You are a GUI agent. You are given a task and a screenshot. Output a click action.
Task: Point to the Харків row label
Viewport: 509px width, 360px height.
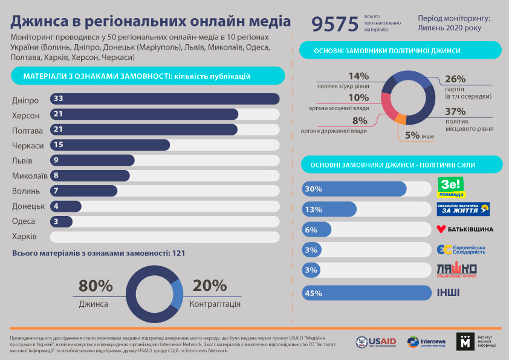25,237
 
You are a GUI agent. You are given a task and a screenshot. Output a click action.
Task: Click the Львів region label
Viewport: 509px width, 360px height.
22,160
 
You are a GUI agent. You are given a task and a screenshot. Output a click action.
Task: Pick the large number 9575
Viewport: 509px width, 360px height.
335,24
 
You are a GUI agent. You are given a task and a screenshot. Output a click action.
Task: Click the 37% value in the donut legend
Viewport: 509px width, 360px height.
455,112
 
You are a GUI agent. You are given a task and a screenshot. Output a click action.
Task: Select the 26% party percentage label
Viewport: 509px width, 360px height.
455,79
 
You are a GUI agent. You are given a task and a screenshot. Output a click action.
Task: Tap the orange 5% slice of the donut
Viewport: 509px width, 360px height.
399,118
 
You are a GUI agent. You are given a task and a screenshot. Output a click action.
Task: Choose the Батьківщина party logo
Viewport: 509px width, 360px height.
465,229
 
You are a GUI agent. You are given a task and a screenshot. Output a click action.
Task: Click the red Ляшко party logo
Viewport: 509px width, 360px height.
457,270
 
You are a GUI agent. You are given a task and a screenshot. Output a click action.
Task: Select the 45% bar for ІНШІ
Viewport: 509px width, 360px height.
365,293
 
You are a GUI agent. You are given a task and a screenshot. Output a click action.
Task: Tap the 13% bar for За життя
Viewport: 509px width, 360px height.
329,209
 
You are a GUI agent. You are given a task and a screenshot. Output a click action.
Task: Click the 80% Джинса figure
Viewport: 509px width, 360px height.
96,286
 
